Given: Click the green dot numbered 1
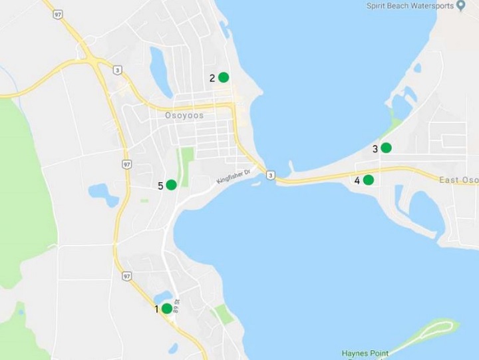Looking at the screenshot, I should [166, 308].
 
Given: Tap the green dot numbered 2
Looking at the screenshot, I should [224, 77].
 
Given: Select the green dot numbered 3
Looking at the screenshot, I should [386, 148].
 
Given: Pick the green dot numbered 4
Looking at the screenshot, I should [368, 180].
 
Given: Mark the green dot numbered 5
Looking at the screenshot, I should [171, 184].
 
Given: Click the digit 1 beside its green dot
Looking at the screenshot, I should [157, 309].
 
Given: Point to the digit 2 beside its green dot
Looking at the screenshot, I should [212, 78].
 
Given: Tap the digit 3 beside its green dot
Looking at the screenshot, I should [375, 149].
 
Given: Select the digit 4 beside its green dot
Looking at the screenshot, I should [357, 180].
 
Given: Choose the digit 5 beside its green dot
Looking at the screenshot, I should [160, 186].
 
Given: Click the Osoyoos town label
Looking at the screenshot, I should [184, 114].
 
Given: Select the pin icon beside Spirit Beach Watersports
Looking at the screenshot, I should [460, 5].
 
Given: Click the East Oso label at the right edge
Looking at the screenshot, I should [459, 180].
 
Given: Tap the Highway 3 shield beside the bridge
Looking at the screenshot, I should [269, 175].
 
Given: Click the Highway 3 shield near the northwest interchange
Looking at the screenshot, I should [117, 69].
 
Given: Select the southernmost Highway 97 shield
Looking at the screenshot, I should [126, 275].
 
